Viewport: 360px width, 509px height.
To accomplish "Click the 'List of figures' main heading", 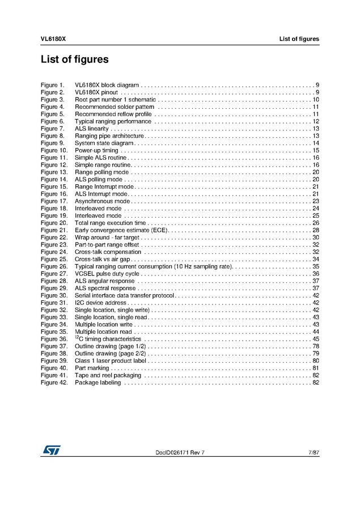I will pyautogui.click(x=74, y=59).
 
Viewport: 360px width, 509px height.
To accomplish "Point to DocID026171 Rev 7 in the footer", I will pyautogui.click(x=180, y=452).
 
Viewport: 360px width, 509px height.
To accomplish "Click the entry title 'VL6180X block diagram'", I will pyautogui.click(x=107, y=84).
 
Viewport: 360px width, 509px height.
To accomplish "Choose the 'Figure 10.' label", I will pyautogui.click(x=54, y=151).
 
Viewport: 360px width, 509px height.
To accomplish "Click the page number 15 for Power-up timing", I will pyautogui.click(x=316, y=151).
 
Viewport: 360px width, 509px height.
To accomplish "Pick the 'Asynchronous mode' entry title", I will pyautogui.click(x=102, y=201).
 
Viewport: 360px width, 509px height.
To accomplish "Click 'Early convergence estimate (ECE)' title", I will pyautogui.click(x=121, y=231).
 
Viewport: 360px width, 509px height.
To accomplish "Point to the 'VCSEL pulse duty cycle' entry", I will pyautogui.click(x=107, y=274).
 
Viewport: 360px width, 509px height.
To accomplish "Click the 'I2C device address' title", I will pyautogui.click(x=100, y=303).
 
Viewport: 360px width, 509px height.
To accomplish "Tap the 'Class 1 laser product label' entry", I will pyautogui.click(x=110, y=361).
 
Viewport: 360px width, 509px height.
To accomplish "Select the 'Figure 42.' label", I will pyautogui.click(x=54, y=383).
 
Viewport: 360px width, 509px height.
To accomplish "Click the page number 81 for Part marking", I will pyautogui.click(x=316, y=368).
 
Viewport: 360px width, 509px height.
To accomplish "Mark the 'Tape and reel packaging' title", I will pyautogui.click(x=108, y=376).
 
